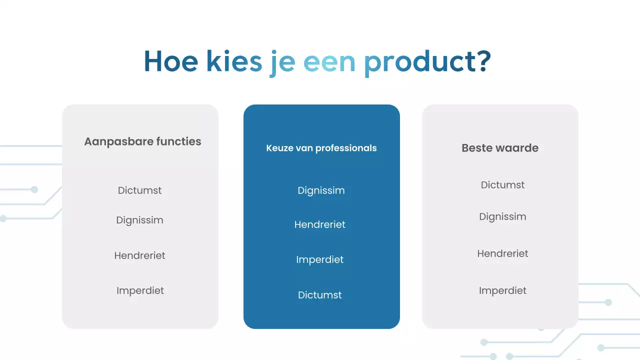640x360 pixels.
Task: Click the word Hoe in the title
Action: [170, 61]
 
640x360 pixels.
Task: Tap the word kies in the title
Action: [233, 61]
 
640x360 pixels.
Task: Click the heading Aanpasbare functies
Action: [142, 141]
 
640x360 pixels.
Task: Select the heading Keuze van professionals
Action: [321, 148]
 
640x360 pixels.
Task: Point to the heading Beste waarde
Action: [500, 148]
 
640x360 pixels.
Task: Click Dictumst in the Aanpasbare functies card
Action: [140, 190]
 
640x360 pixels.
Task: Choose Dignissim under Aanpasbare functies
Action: [140, 220]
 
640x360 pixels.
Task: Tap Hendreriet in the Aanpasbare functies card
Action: [140, 255]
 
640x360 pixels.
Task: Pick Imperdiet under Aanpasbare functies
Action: [140, 290]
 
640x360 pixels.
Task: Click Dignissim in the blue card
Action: [321, 190]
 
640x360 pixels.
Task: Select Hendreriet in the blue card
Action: [320, 224]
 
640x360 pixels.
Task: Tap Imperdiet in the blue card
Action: [320, 259]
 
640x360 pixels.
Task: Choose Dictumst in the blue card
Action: [320, 295]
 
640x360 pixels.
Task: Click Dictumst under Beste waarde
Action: [502, 185]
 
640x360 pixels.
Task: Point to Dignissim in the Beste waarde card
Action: [502, 217]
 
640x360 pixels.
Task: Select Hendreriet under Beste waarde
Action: [502, 253]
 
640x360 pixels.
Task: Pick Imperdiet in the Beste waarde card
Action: [502, 290]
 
